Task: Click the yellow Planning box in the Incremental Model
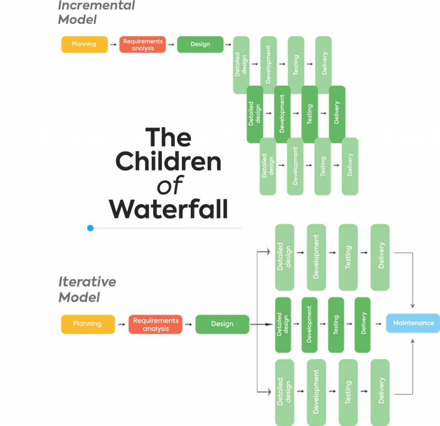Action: click(84, 44)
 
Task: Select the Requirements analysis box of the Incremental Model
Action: click(143, 44)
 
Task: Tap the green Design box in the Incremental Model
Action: click(200, 44)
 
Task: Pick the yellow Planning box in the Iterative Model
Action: click(88, 324)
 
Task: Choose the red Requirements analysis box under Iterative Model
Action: click(156, 324)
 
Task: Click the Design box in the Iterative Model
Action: click(222, 324)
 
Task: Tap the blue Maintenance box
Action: click(413, 323)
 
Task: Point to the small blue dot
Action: click(90, 228)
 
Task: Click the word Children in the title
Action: click(169, 162)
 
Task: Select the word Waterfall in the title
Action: click(168, 209)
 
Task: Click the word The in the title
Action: click(169, 138)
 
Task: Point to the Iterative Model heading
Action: click(86, 290)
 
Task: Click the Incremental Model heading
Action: click(95, 13)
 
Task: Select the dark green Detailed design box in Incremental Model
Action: click(255, 113)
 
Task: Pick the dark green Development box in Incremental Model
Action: click(282, 113)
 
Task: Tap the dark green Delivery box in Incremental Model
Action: click(337, 113)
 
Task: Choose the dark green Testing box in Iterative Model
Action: click(336, 325)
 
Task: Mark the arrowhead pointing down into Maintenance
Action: click(413, 306)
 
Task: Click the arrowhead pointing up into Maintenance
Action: click(413, 340)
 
